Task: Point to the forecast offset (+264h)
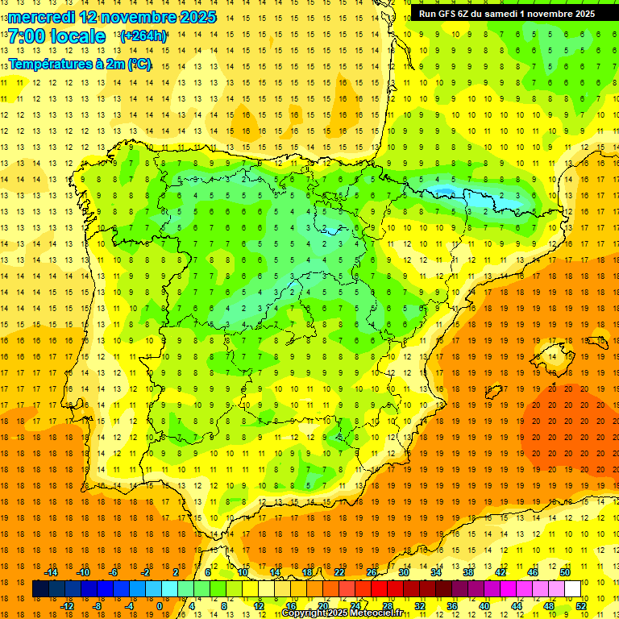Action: (x=143, y=36)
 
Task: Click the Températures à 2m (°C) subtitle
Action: (x=80, y=64)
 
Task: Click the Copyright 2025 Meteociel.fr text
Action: (x=343, y=613)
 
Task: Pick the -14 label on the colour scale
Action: (x=52, y=572)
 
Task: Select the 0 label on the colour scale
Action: (x=159, y=605)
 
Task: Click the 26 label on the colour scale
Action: (x=372, y=572)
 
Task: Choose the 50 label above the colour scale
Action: (x=564, y=572)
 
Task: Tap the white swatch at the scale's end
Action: (x=572, y=589)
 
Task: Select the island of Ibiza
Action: (x=492, y=393)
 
